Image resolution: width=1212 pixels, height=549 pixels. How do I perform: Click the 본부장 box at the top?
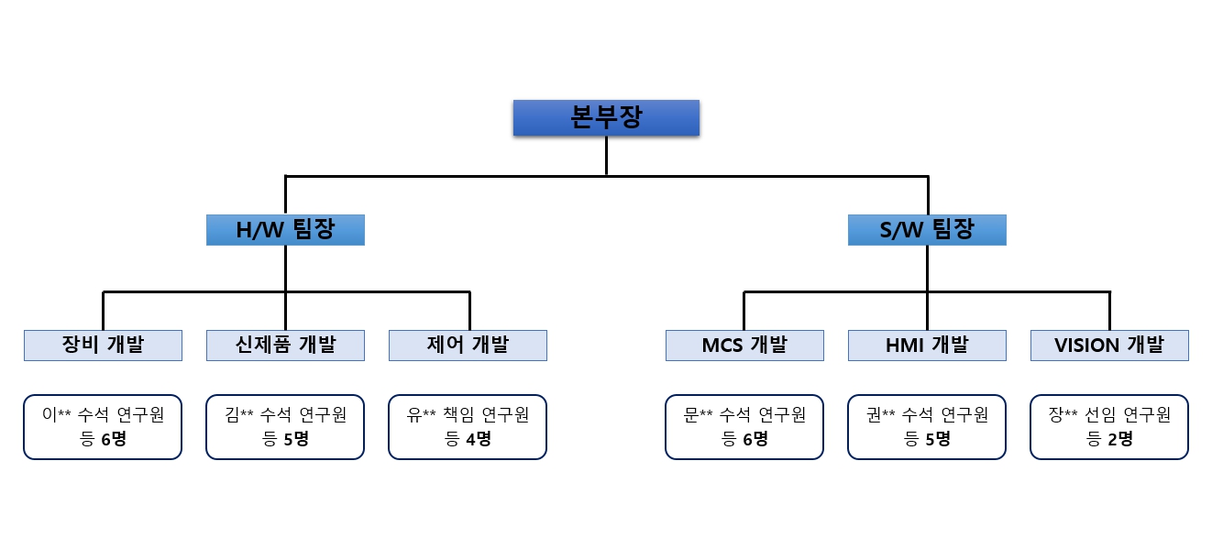(x=606, y=118)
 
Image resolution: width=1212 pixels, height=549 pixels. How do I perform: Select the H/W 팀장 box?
(x=285, y=230)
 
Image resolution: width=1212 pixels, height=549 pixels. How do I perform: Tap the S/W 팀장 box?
(x=927, y=230)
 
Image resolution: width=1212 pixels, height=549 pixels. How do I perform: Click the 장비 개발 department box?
(x=103, y=346)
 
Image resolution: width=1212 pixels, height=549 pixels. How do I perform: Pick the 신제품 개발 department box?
(x=285, y=346)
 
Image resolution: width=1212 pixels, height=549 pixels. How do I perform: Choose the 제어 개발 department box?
(x=468, y=346)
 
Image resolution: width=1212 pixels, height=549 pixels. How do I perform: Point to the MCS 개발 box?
(x=744, y=346)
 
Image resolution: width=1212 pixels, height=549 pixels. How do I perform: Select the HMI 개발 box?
(x=926, y=346)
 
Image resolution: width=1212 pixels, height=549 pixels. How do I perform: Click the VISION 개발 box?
(x=1109, y=346)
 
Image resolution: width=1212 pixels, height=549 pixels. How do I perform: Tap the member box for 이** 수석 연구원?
(x=103, y=426)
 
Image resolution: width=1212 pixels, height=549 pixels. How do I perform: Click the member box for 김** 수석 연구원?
(x=285, y=426)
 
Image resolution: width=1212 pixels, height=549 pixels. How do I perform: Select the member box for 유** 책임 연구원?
(x=468, y=426)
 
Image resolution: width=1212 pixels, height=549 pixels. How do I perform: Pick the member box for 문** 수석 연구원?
(x=744, y=426)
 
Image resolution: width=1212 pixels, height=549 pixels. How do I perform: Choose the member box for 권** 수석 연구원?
(x=926, y=426)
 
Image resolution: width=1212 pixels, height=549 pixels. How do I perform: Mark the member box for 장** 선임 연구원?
(x=1109, y=426)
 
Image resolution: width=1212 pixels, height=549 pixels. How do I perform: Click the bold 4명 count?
(x=478, y=439)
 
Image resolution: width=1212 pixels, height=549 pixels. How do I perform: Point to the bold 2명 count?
(x=1119, y=439)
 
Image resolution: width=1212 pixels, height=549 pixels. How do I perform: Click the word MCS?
(x=722, y=346)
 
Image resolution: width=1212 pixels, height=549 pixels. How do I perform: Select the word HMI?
(x=906, y=346)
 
